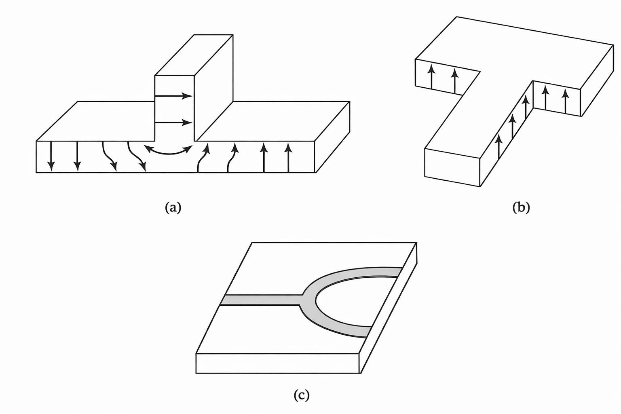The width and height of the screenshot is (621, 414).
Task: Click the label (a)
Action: (173, 207)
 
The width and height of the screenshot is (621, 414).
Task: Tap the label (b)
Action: (521, 207)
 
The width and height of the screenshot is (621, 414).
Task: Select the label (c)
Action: (301, 395)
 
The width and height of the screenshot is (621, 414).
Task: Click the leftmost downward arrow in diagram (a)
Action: (51, 156)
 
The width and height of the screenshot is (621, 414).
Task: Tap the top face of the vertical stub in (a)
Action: (194, 55)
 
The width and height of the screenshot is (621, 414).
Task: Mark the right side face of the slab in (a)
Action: (332, 137)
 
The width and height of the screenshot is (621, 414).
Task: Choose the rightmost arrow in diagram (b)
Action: (566, 101)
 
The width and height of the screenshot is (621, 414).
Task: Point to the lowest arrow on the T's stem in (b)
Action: (498, 146)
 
